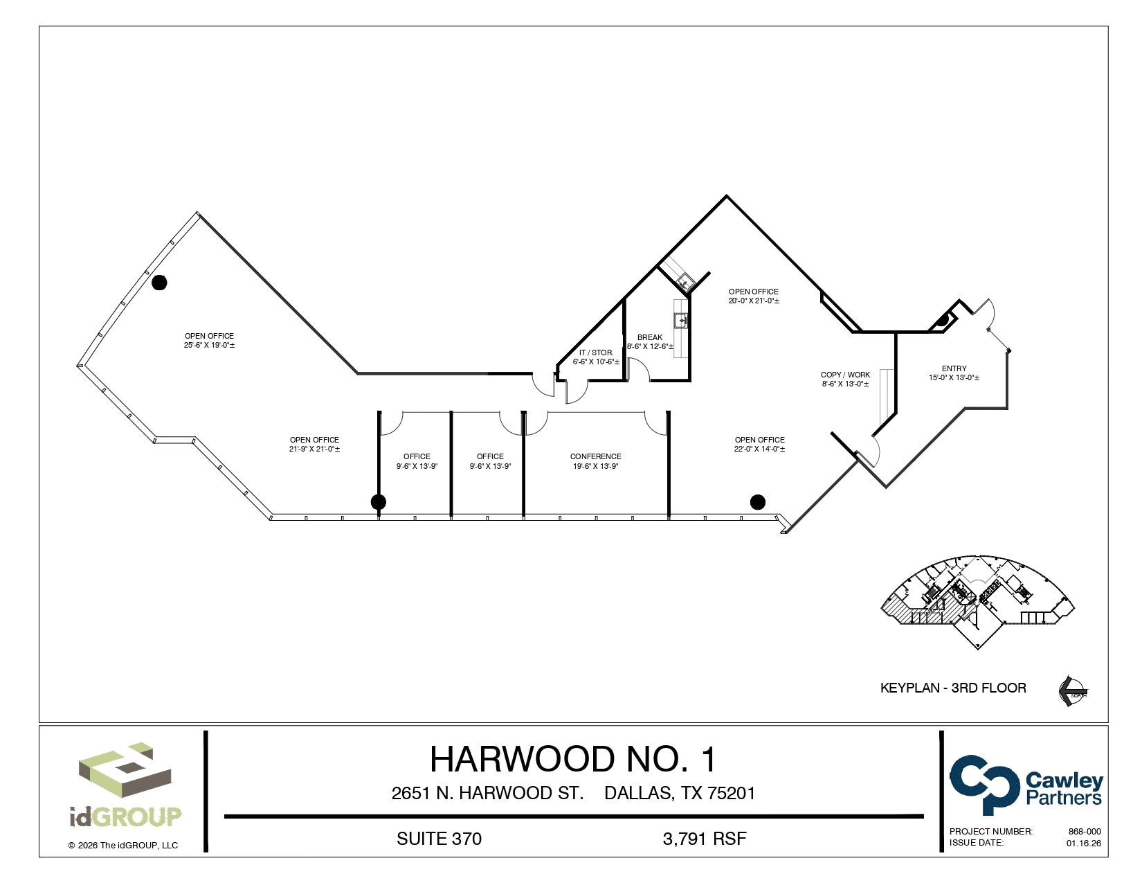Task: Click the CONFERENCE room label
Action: (x=595, y=456)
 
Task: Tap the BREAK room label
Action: (x=650, y=337)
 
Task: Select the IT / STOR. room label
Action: (x=596, y=353)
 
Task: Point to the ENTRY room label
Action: (x=954, y=368)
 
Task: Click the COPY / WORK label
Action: (x=845, y=375)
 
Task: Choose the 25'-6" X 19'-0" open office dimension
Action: (x=209, y=345)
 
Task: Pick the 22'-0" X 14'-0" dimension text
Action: (x=759, y=449)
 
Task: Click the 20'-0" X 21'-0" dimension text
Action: (x=754, y=301)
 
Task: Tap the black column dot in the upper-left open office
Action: (x=159, y=283)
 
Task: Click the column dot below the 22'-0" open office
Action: (x=758, y=502)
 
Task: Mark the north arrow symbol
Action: (x=1072, y=690)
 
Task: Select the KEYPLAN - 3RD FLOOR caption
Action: (x=953, y=688)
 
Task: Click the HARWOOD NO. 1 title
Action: (x=573, y=759)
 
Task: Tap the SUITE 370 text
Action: (x=439, y=839)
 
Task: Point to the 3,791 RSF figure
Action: (x=705, y=839)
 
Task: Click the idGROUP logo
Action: (x=125, y=786)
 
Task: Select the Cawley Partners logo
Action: (x=1026, y=785)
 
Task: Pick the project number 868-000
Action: (x=1085, y=831)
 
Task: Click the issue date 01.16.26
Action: (x=1083, y=843)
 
